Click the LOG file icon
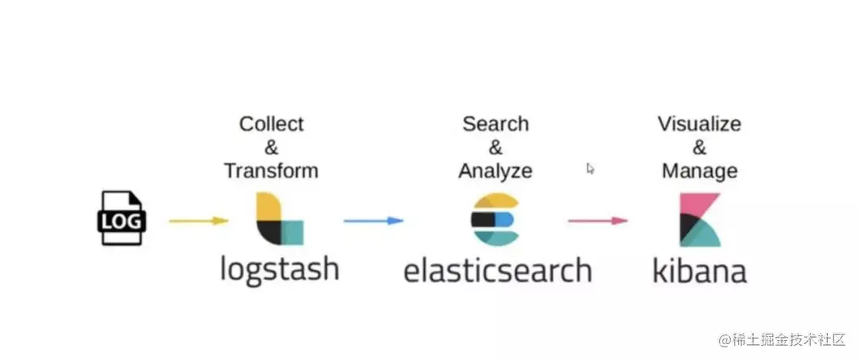pyautogui.click(x=122, y=217)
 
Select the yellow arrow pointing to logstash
pyautogui.click(x=199, y=221)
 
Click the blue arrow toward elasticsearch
pyautogui.click(x=373, y=220)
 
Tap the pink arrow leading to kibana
pyautogui.click(x=597, y=220)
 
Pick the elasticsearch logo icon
pyautogui.click(x=495, y=218)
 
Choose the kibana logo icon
pyautogui.click(x=699, y=219)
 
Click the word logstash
pyautogui.click(x=280, y=269)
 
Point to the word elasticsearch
pyautogui.click(x=497, y=269)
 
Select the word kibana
pyautogui.click(x=699, y=270)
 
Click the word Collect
pyautogui.click(x=272, y=124)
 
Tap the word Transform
pyautogui.click(x=271, y=171)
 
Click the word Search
pyautogui.click(x=496, y=124)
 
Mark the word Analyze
pyautogui.click(x=496, y=171)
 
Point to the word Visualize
pyautogui.click(x=699, y=124)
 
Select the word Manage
pyautogui.click(x=699, y=171)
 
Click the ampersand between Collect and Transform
pyautogui.click(x=272, y=148)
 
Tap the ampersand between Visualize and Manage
pyautogui.click(x=699, y=148)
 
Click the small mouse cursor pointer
pyautogui.click(x=590, y=168)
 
